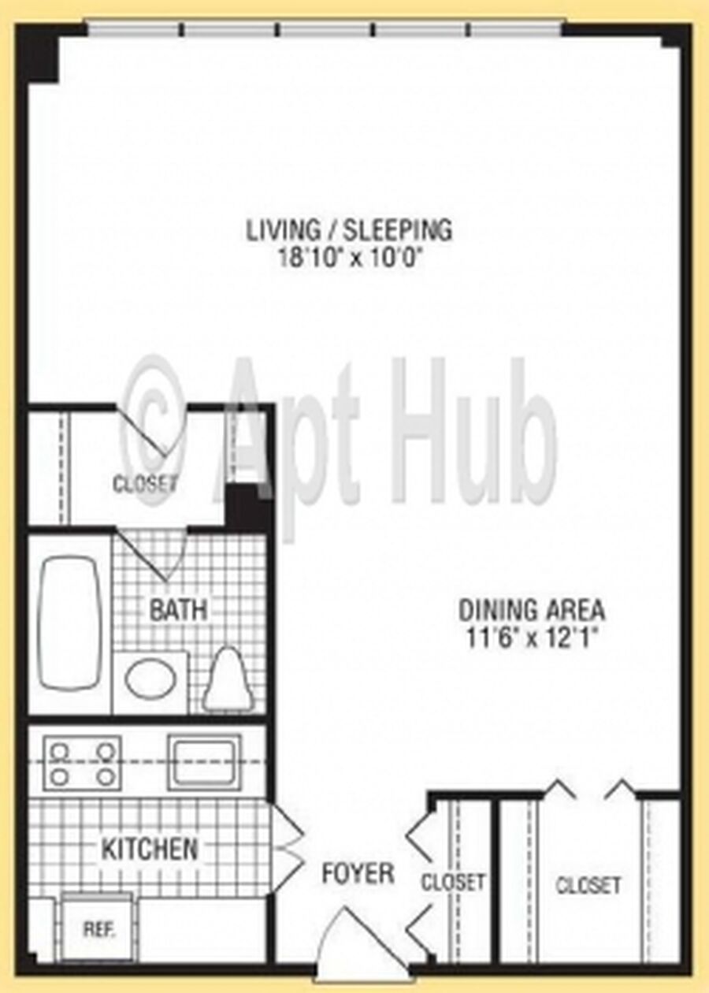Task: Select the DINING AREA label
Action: (x=531, y=610)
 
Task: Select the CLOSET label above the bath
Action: (x=145, y=484)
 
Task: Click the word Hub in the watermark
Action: (x=473, y=437)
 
